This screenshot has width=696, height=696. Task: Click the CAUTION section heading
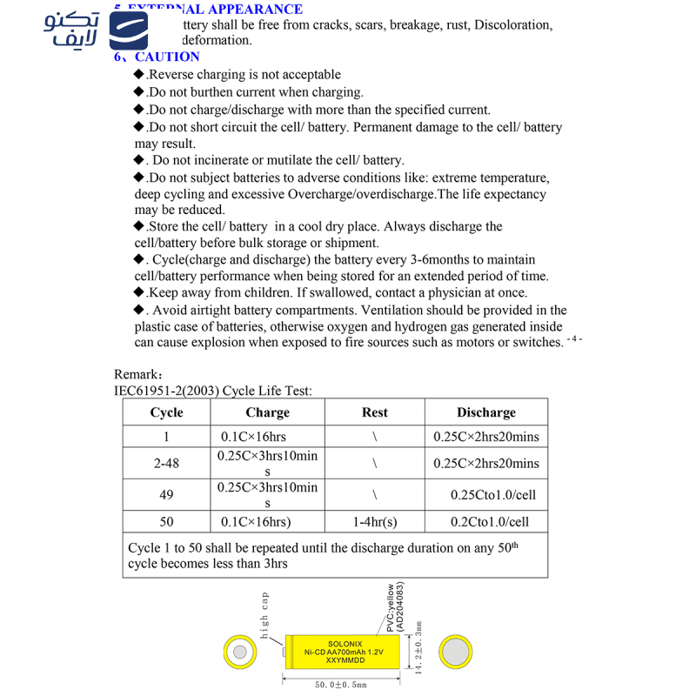point(167,57)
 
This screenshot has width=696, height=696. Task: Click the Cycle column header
point(166,412)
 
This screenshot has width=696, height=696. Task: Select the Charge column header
point(267,412)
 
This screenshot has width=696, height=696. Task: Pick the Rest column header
point(374,412)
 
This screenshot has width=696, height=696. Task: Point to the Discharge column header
point(485,412)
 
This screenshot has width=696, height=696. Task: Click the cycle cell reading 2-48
point(166,463)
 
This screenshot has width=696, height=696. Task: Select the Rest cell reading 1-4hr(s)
point(374,522)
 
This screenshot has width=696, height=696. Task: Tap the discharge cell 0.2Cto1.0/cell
point(489,522)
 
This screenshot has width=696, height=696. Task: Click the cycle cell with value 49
point(166,495)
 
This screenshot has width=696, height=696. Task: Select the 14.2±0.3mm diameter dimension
point(418,648)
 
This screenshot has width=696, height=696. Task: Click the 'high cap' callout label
point(265,613)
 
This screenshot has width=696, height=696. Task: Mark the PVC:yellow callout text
point(389,608)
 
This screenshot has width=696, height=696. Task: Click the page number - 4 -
point(574,338)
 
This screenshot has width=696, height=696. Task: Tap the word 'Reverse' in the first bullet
point(172,75)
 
